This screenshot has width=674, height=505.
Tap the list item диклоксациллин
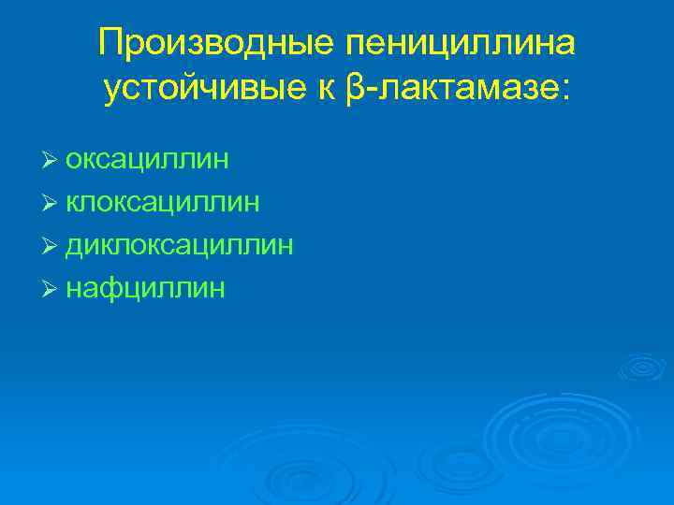point(180,245)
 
